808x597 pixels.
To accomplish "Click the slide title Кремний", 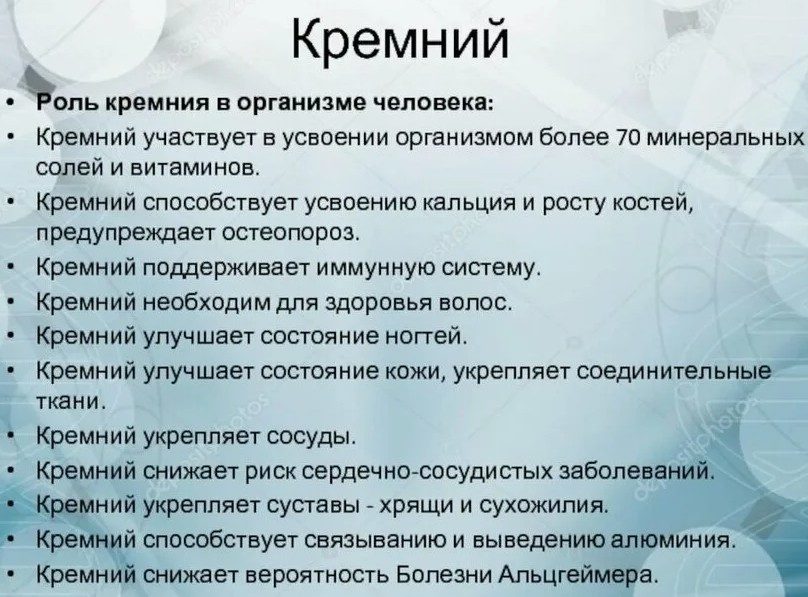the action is (x=400, y=40).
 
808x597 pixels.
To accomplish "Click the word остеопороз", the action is (x=290, y=233).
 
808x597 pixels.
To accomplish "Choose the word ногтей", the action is (x=427, y=336).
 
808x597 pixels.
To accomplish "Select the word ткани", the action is (x=71, y=401).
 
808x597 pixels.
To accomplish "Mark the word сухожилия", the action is (x=543, y=505).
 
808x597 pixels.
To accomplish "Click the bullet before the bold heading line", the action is (x=11, y=104).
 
